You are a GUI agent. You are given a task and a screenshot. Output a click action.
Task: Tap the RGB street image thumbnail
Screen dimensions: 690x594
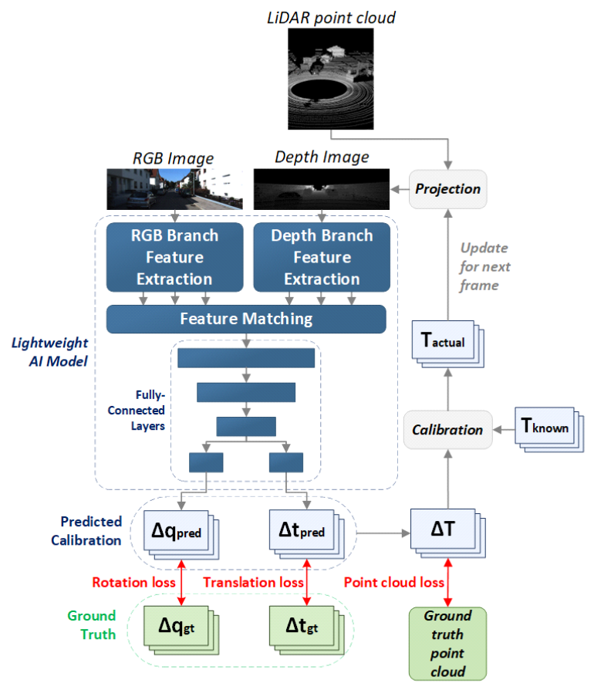tap(174, 189)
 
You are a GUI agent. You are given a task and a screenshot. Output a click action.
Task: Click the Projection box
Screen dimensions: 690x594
tap(448, 189)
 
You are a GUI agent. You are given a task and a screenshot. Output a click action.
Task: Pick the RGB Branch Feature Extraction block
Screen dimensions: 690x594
tap(174, 257)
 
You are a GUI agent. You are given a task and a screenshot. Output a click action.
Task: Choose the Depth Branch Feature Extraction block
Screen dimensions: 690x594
tap(322, 257)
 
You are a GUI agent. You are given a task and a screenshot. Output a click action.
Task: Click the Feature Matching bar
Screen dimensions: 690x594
tap(246, 318)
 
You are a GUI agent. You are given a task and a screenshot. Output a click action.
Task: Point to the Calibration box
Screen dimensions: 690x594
tap(447, 429)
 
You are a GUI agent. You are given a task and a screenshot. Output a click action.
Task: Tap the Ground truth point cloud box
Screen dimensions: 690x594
tap(447, 643)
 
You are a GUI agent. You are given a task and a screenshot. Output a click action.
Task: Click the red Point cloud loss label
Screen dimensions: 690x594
tap(394, 583)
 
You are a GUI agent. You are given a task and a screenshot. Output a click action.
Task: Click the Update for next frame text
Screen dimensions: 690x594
tap(484, 267)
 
